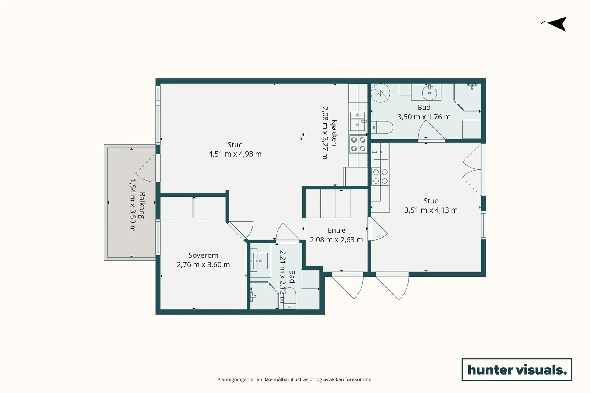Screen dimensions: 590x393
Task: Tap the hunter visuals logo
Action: coord(517,369)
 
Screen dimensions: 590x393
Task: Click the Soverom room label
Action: coord(203,255)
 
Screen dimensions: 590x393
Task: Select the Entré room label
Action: coord(336,230)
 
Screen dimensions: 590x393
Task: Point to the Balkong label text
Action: coord(142,205)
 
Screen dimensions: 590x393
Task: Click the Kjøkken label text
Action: coord(334,133)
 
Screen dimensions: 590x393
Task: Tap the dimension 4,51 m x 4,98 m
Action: coord(235,154)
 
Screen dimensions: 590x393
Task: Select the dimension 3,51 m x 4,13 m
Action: coord(431,210)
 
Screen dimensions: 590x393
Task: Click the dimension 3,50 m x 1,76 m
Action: coord(424,117)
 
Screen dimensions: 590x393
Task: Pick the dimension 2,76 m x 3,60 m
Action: coord(203,264)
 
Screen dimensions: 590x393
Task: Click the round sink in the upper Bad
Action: coord(429,92)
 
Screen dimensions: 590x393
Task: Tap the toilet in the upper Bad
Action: coord(382,127)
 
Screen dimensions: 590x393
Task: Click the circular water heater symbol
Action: coord(380,93)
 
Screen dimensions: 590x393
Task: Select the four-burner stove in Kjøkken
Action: coord(358,144)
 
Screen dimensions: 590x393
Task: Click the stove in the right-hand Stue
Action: coord(380,176)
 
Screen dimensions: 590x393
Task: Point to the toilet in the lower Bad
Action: coord(289,298)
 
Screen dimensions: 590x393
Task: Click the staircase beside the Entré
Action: coord(328,203)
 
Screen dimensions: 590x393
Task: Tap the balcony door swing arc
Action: coord(145,168)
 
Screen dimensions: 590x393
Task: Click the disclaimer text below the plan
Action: coord(295,379)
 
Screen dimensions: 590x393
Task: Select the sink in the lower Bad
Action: coord(260,261)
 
